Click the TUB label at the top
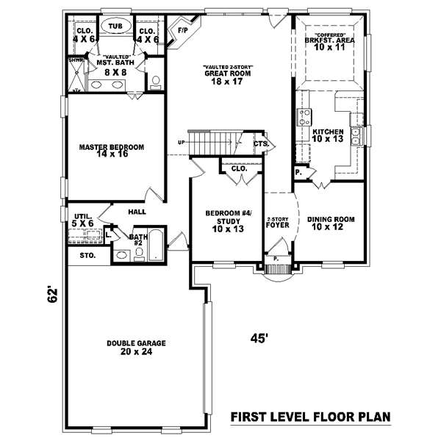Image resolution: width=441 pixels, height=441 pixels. [x=115, y=24]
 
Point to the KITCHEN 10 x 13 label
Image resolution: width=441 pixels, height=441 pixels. [x=327, y=135]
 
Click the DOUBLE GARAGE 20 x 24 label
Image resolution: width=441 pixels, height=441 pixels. [x=136, y=347]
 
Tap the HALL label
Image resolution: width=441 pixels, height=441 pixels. [x=137, y=212]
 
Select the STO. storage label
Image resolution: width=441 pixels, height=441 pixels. [x=87, y=256]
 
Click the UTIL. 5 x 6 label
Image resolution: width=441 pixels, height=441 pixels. [x=83, y=219]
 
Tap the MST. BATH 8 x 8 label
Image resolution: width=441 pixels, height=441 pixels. [x=112, y=67]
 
